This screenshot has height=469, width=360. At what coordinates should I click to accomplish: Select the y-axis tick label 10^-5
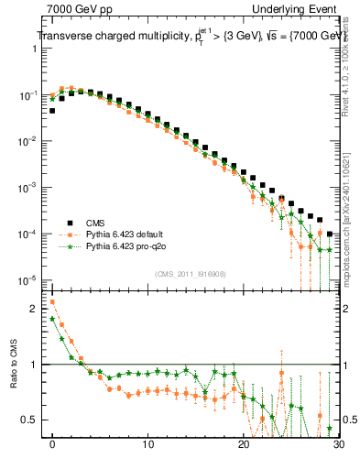point(28,280)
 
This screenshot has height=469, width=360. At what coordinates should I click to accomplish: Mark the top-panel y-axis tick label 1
point(34,49)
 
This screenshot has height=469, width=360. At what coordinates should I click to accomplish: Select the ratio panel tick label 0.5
point(30,420)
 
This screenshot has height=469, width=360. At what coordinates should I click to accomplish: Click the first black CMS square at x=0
point(52,111)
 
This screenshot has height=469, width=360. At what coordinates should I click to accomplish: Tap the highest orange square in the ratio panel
point(52,301)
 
